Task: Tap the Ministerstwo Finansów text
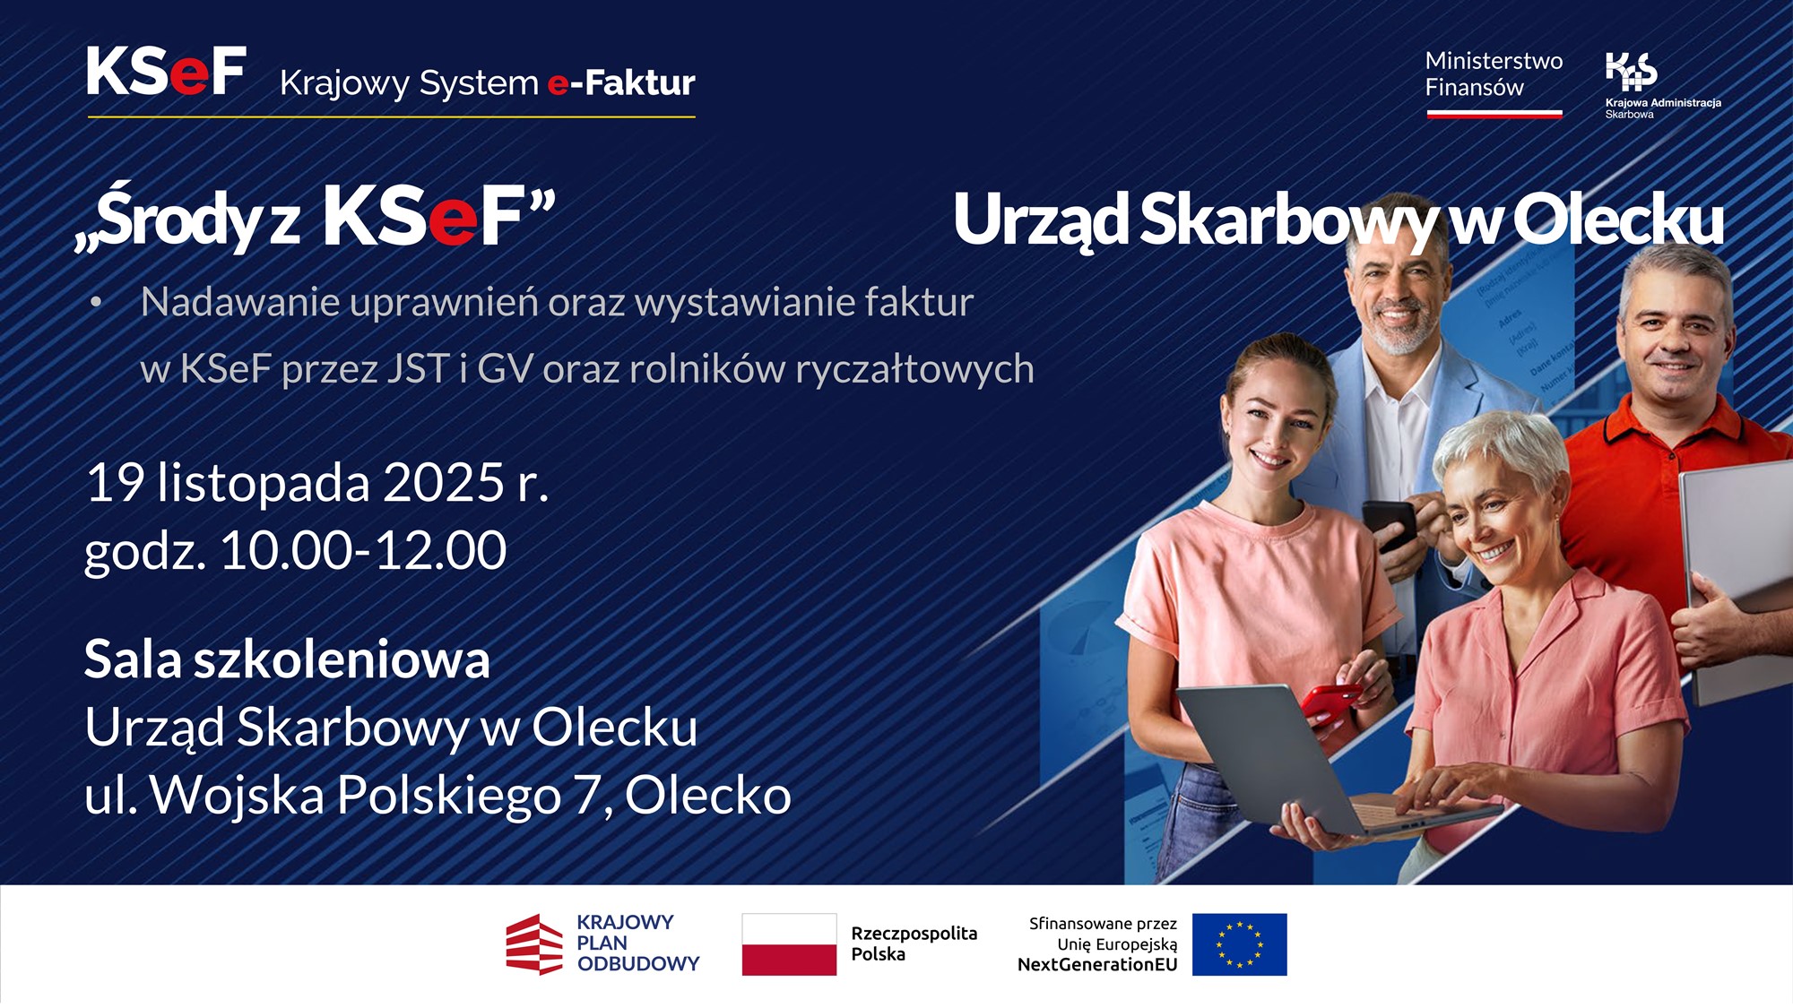pos(1493,74)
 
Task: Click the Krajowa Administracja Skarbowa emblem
pos(1631,71)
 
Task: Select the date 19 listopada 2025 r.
pos(316,484)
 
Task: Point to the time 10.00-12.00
pos(363,550)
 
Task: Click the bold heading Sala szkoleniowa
pos(287,660)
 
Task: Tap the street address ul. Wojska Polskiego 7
pos(341,796)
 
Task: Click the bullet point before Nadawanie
pos(96,303)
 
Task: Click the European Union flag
pos(1239,944)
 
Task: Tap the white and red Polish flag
pos(789,944)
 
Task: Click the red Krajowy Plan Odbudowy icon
pos(534,944)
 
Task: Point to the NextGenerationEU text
pos(1096,965)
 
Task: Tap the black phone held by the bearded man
pos(1388,523)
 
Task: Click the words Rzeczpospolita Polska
pos(913,943)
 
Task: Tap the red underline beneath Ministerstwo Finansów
pos(1494,114)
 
